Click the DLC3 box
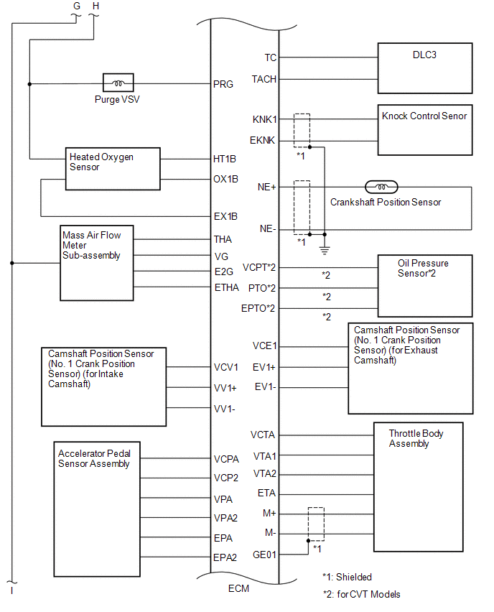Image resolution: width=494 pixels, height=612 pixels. point(425,68)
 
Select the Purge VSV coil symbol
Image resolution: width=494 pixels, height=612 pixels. point(117,83)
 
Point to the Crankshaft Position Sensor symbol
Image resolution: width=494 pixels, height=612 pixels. point(377,187)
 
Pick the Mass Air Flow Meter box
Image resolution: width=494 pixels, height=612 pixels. point(97,262)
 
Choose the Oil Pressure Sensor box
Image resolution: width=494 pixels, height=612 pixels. point(425,285)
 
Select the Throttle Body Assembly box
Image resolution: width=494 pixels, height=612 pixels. point(418,487)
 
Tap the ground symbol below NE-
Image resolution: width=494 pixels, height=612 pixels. point(325,249)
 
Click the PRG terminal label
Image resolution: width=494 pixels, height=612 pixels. point(223,84)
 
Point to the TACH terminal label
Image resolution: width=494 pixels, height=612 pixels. point(264,79)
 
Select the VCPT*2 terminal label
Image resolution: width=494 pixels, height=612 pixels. point(259,267)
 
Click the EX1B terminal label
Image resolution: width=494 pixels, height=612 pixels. point(225,215)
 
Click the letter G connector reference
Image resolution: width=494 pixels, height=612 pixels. point(76,6)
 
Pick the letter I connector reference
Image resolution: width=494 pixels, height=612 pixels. point(11,590)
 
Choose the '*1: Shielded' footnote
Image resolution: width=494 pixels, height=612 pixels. point(348,577)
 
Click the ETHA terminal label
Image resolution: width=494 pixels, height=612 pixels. point(226,287)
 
